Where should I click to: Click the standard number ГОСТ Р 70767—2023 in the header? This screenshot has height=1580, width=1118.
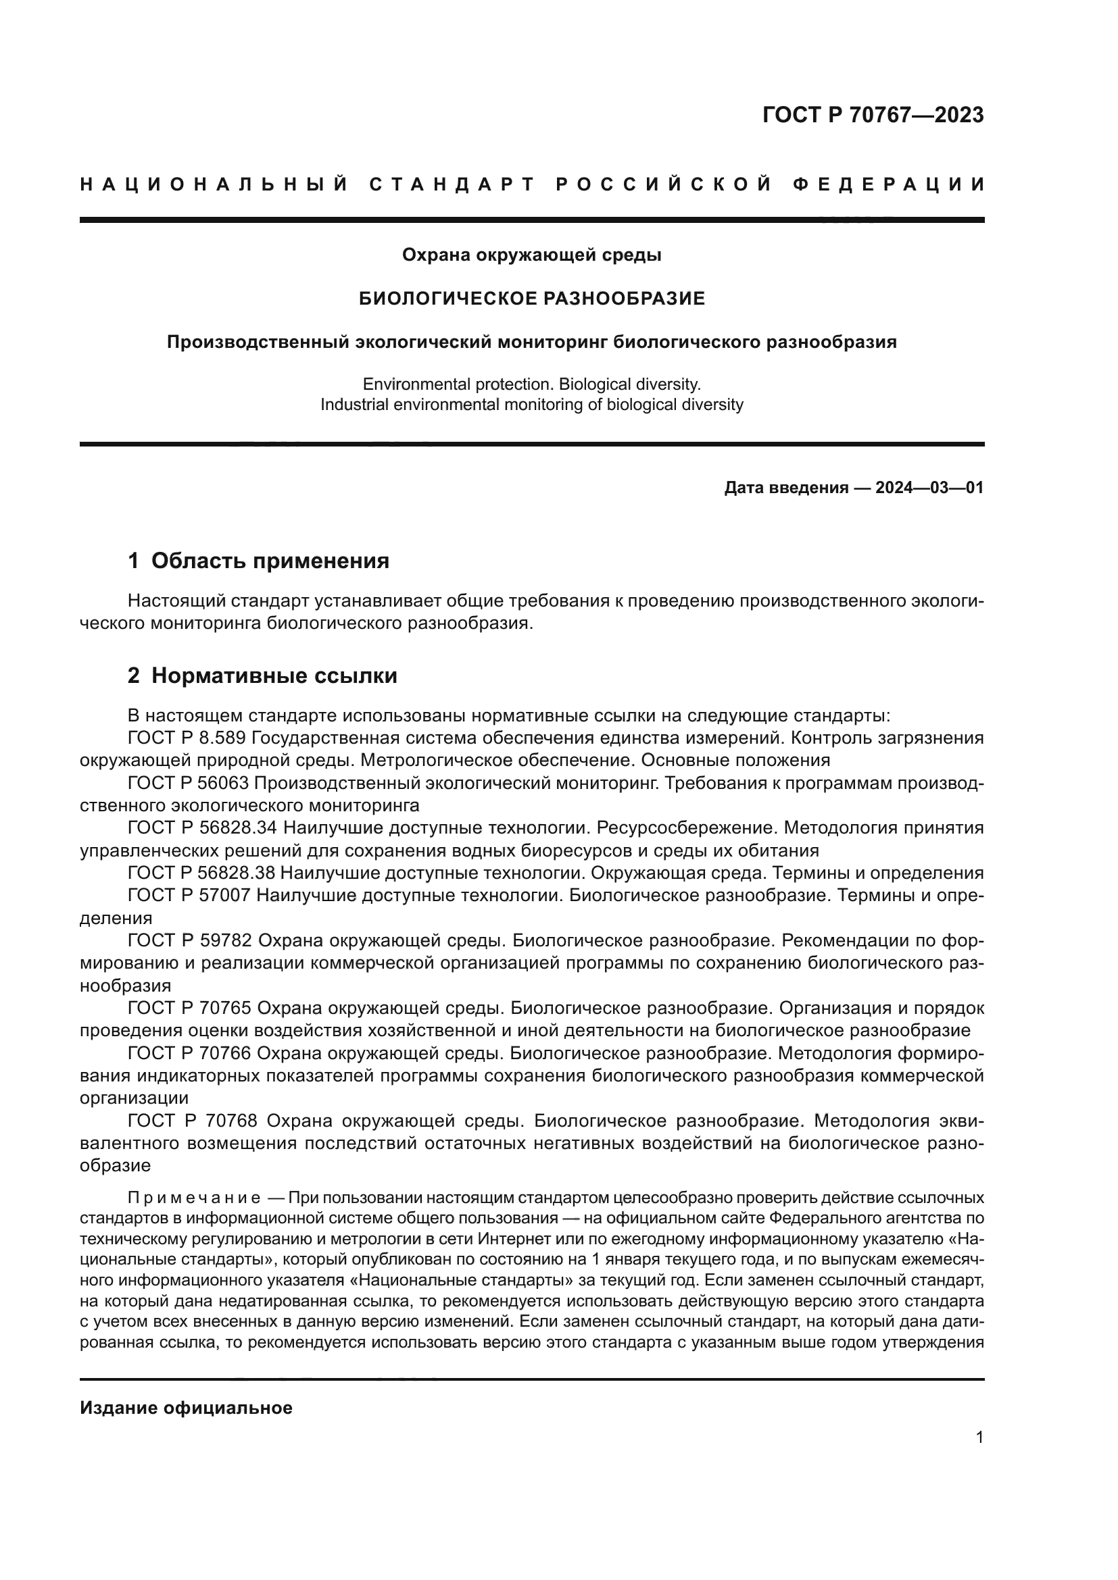[x=872, y=115]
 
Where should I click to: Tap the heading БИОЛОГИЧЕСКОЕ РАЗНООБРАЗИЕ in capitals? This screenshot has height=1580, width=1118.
[x=532, y=298]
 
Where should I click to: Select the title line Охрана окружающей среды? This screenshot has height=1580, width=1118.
[x=531, y=255]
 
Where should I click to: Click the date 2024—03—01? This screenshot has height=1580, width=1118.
[x=929, y=488]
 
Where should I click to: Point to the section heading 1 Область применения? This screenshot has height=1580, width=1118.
[x=258, y=561]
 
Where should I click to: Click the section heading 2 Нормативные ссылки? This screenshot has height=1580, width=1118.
[x=262, y=676]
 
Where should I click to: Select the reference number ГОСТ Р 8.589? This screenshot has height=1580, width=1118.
[x=187, y=738]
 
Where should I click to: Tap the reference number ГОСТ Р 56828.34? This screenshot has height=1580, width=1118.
[x=201, y=828]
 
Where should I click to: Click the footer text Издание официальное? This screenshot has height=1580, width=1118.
[x=186, y=1407]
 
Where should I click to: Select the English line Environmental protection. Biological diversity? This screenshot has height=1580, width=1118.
[x=531, y=384]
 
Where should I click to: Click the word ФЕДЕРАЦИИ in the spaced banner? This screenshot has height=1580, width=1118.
[x=888, y=184]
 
